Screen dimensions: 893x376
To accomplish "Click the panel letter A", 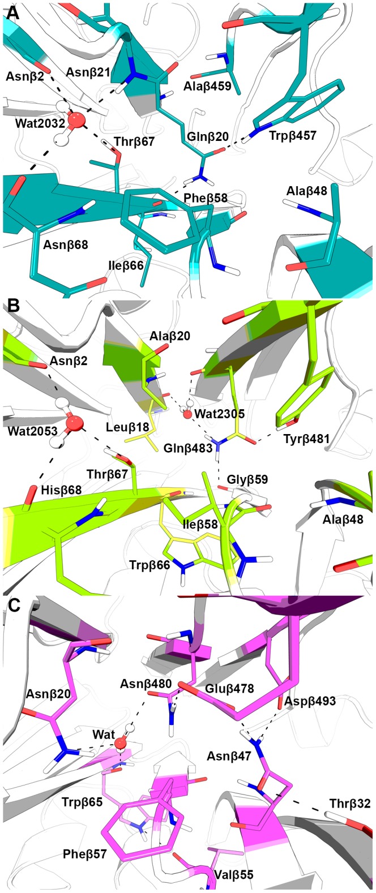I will [12, 12].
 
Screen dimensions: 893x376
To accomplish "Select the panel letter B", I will [12, 308].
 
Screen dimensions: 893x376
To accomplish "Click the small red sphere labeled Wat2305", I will [187, 414].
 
